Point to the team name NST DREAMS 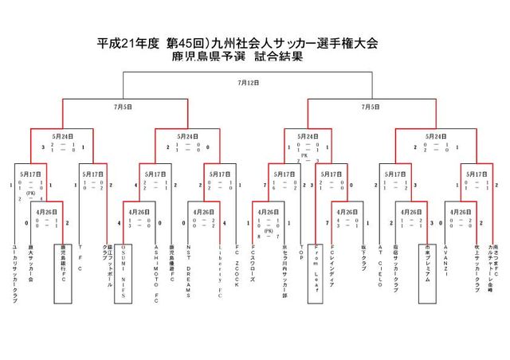click(188, 271)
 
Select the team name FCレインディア click(331, 266)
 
